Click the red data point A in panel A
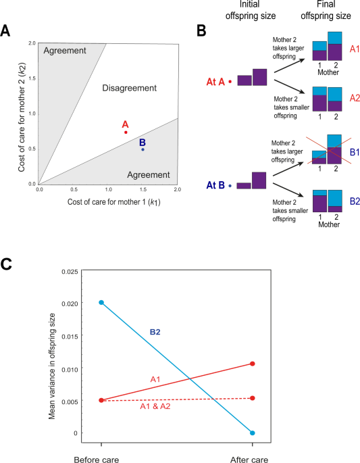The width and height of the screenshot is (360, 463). [126, 132]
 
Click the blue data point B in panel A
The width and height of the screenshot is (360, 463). [143, 149]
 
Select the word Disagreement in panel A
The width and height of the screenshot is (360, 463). [128, 88]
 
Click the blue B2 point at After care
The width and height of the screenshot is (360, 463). [253, 433]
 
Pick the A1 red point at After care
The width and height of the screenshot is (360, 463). [253, 364]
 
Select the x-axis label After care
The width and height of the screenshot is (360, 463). [253, 456]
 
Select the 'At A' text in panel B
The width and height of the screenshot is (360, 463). [215, 82]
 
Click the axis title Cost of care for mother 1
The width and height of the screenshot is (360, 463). [108, 202]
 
